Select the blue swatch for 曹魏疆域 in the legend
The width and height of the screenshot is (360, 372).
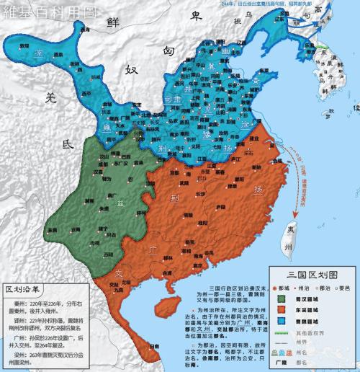(x=280, y=324)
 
